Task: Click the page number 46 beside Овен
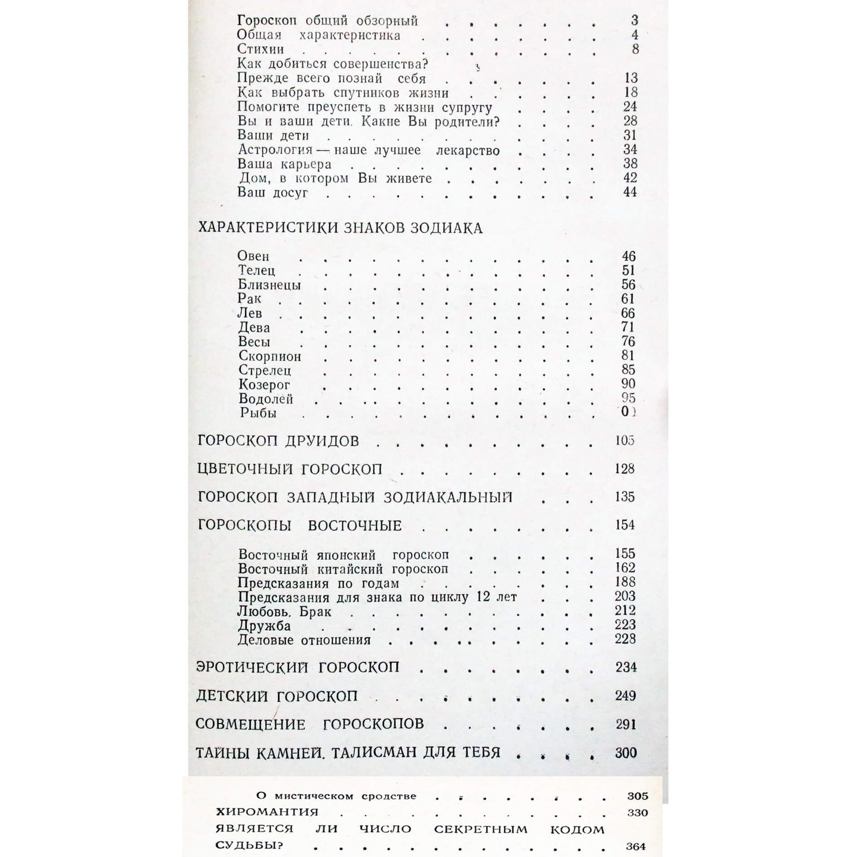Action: click(628, 256)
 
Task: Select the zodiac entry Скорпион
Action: click(270, 356)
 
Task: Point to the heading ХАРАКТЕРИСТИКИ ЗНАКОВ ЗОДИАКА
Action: click(340, 228)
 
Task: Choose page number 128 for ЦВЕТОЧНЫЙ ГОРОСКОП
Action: click(625, 469)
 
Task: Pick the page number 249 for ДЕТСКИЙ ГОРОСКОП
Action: click(625, 696)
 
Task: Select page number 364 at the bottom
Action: click(635, 846)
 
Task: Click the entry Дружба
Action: click(264, 626)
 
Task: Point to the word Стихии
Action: click(260, 49)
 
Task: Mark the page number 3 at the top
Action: click(635, 21)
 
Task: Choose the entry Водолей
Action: click(266, 399)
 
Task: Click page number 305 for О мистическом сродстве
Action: click(637, 796)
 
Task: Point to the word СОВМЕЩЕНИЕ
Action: click(250, 724)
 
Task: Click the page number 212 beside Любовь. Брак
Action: click(625, 611)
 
